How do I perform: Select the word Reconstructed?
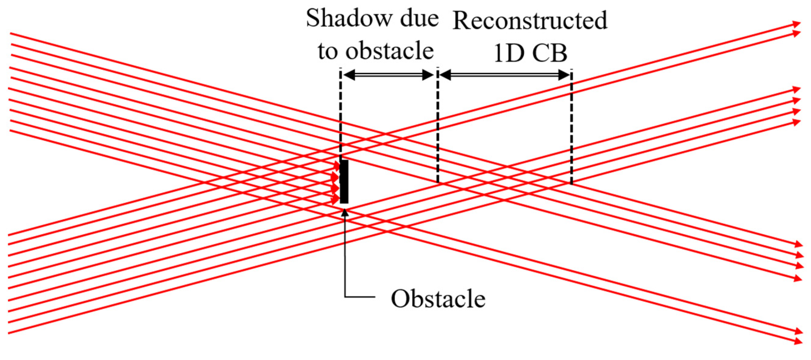530,21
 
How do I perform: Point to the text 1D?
509,53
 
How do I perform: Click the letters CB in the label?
550,53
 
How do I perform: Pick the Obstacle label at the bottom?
438,299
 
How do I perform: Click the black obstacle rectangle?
344,182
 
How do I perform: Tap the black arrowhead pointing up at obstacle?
345,213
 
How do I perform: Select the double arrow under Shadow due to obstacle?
389,75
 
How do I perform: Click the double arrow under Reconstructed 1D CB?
505,75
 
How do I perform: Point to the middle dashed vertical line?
438,129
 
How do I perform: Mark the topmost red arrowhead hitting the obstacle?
337,166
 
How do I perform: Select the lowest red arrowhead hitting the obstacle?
336,200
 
